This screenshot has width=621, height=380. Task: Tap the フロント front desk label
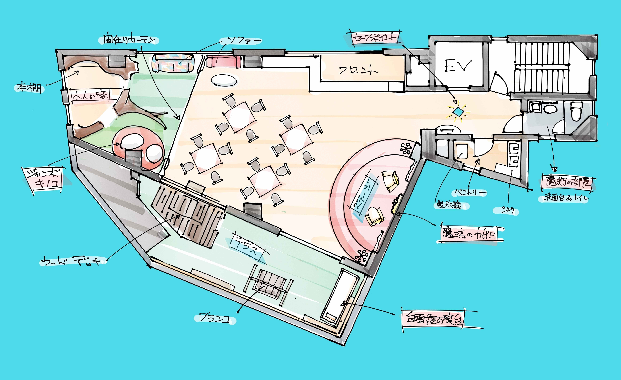358,70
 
